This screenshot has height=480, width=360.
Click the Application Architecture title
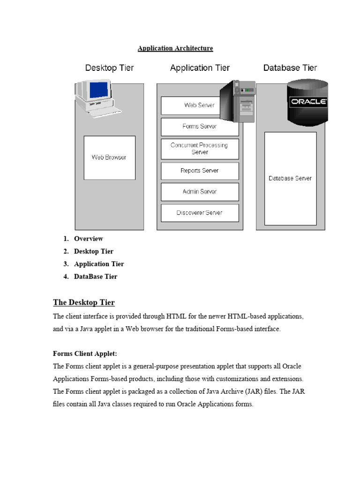pos(175,48)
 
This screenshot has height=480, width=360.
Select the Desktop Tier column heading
pos(109,68)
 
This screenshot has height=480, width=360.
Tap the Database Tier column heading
pos(290,68)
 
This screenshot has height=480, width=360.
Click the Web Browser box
pos(109,157)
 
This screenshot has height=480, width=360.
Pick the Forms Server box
pos(199,127)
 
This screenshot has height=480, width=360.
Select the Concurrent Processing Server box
pos(199,149)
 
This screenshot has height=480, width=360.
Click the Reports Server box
pos(199,171)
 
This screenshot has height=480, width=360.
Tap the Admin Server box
pos(199,192)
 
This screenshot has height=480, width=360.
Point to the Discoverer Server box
pos(199,213)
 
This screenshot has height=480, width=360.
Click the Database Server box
pos(290,178)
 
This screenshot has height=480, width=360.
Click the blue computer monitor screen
pos(99,90)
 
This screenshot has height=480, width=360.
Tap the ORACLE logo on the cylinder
pos(308,102)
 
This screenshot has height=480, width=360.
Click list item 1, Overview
pos(88,239)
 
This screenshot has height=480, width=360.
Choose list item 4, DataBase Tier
pos(95,277)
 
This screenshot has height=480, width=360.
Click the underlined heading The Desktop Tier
pos(83,302)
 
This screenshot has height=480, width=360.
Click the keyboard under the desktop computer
pos(105,112)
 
